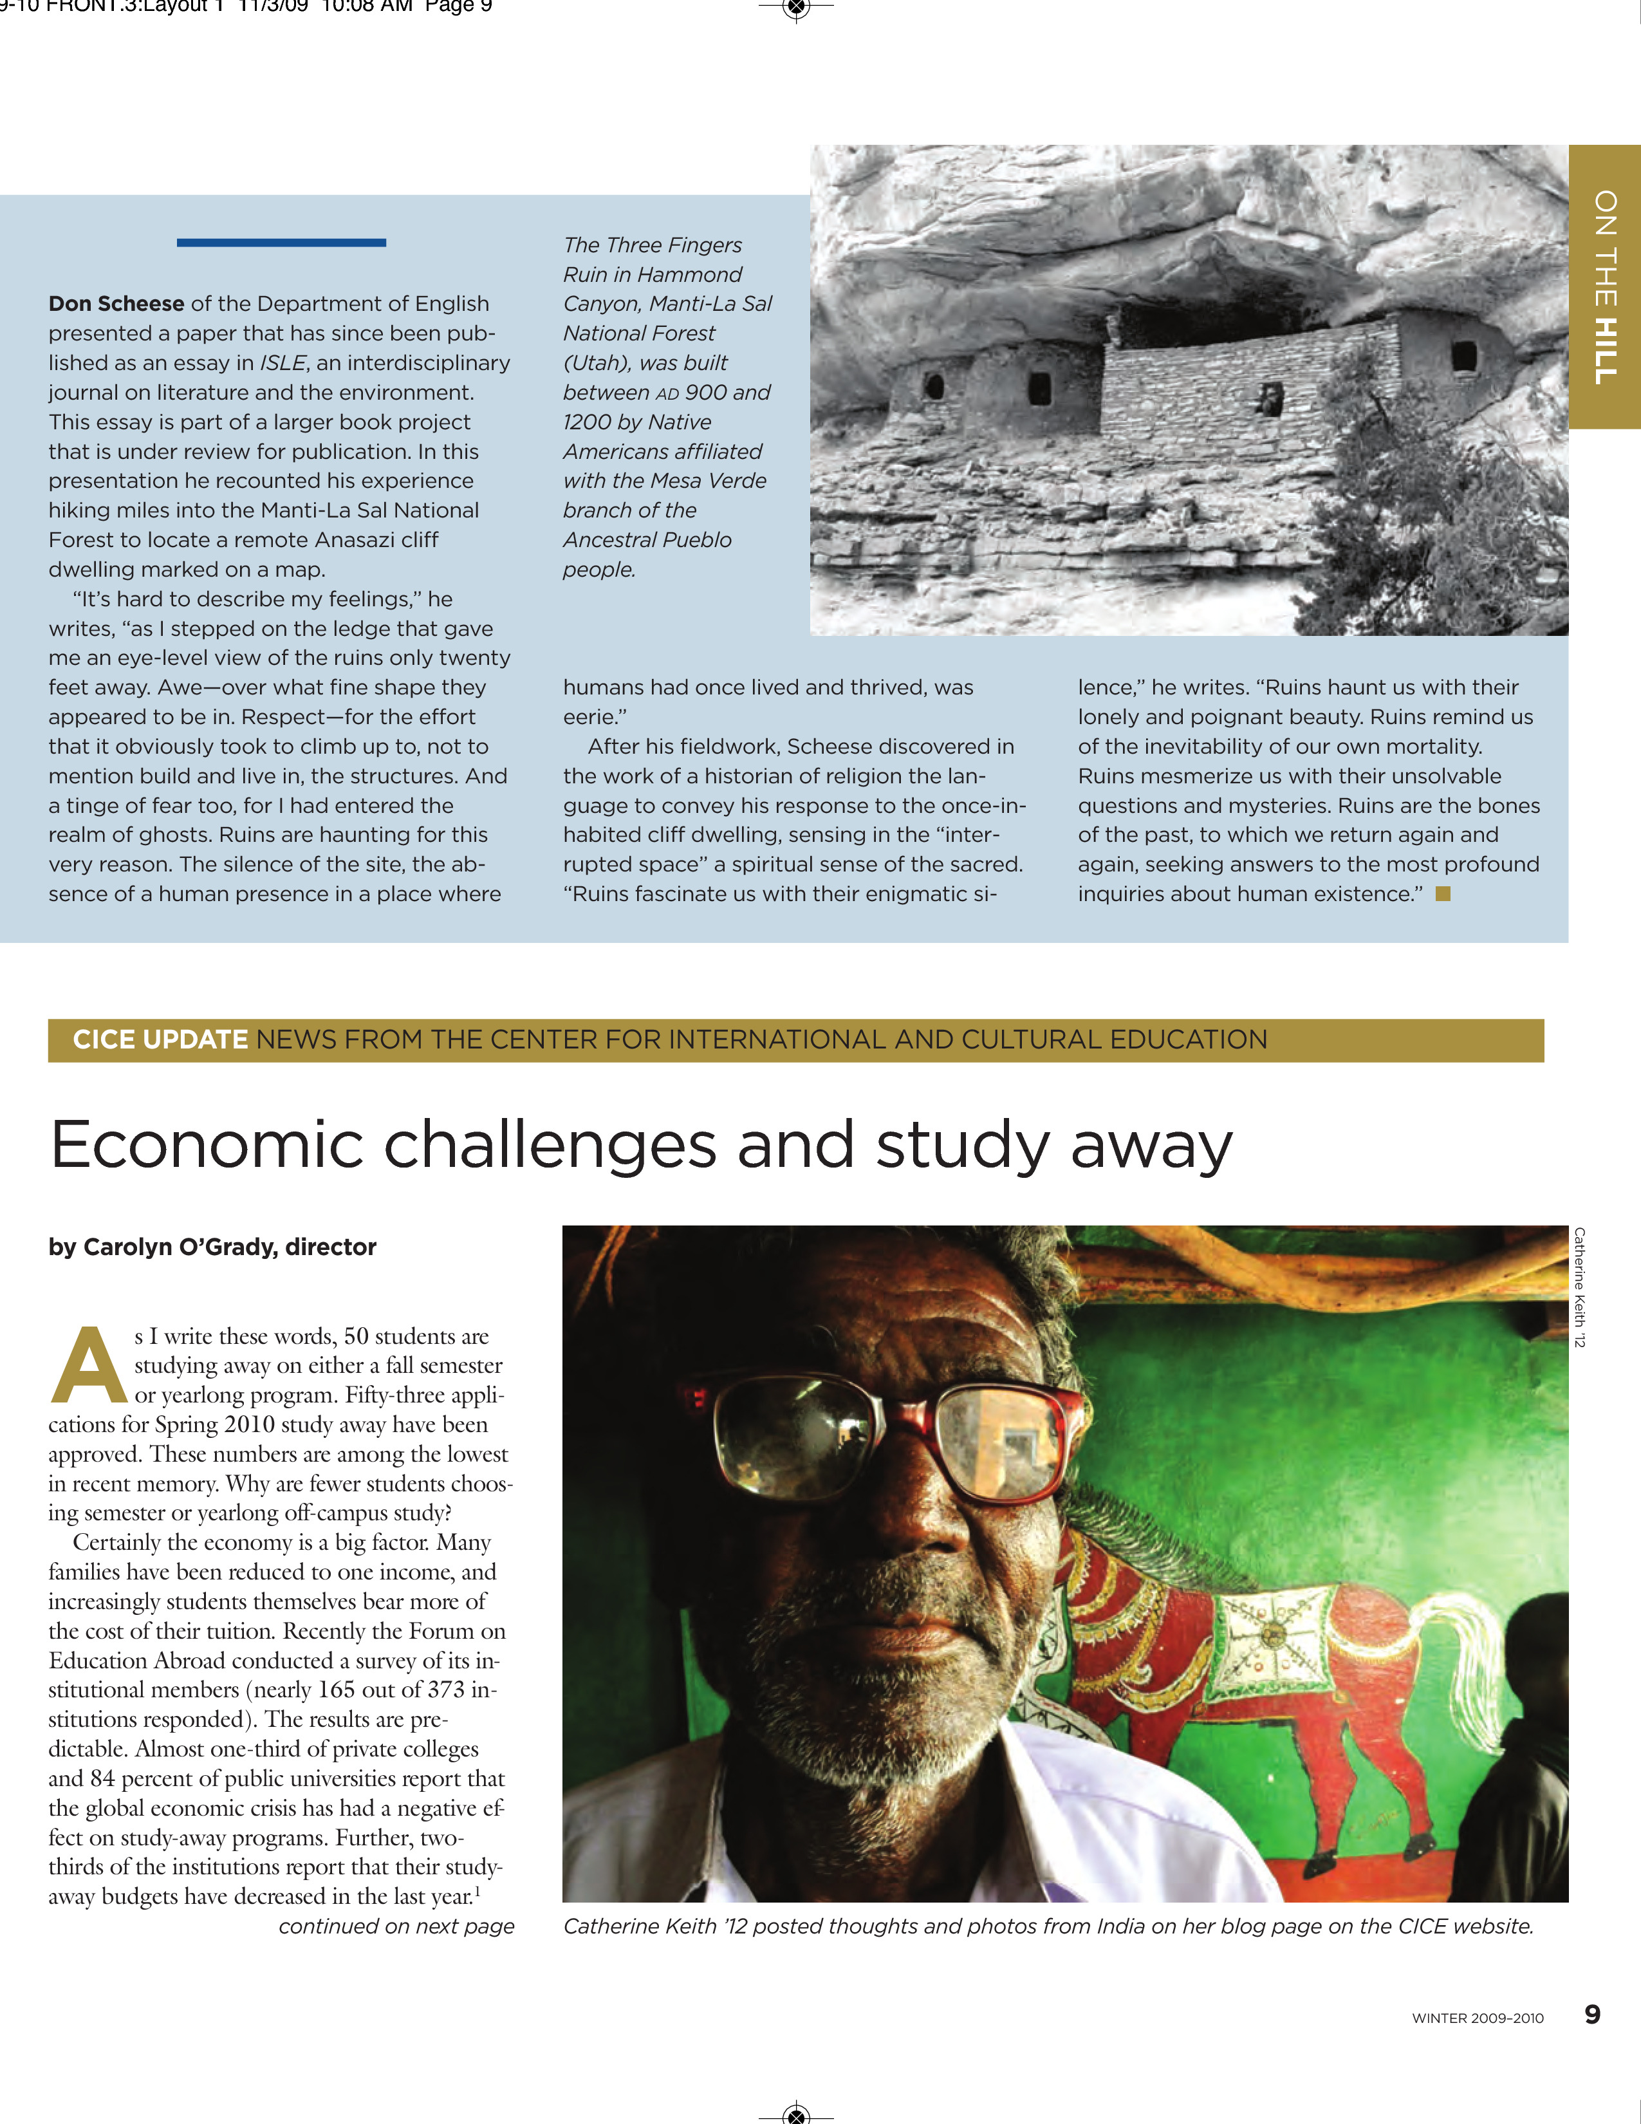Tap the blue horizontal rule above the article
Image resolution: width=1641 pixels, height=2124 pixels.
281,242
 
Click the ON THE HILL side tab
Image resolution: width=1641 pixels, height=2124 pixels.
1604,287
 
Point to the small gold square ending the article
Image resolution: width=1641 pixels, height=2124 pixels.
1443,894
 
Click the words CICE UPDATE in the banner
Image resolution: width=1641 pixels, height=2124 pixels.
160,1039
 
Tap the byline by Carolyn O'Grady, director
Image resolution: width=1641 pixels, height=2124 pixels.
212,1247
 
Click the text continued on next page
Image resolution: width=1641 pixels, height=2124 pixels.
396,1926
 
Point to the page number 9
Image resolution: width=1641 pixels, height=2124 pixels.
1591,2014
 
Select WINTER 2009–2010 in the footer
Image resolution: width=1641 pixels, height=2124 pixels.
1477,2018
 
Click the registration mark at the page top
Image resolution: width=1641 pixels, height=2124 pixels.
796,9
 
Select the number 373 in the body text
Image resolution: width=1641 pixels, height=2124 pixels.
446,1690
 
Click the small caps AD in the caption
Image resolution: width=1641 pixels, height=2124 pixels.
667,394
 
